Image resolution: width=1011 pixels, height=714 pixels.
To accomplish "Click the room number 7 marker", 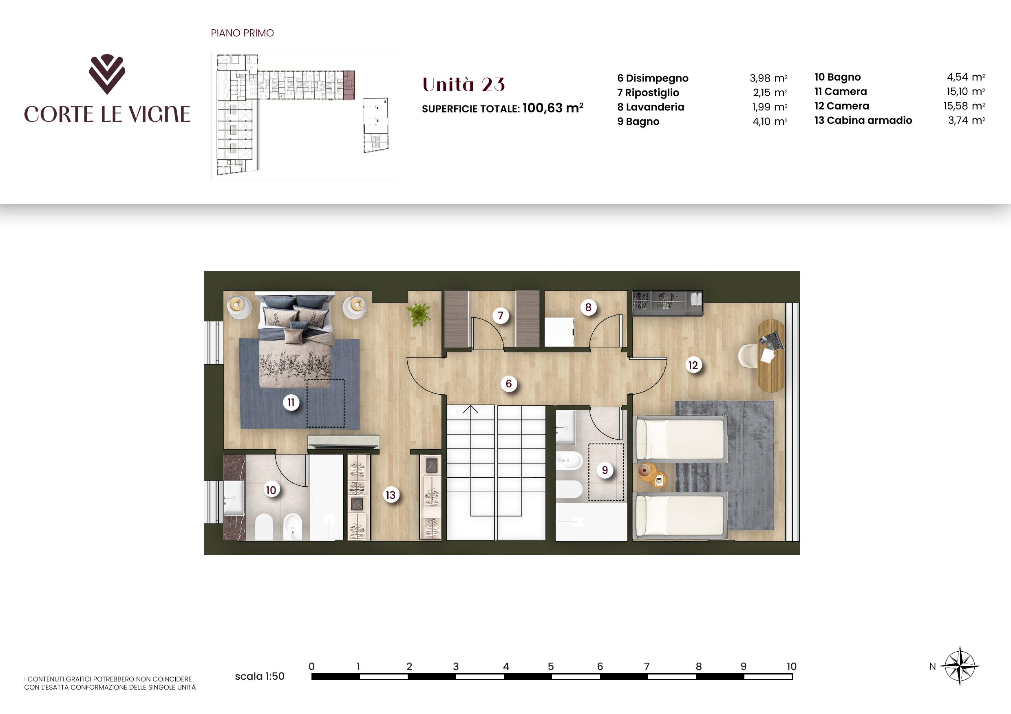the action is tap(500, 315).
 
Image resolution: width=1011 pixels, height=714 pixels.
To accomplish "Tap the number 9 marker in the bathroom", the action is tap(605, 470).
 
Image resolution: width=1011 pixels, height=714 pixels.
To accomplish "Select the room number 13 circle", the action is tap(391, 495).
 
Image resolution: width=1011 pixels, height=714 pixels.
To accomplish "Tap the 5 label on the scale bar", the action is tap(550, 666).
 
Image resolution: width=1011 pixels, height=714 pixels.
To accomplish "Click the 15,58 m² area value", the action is tap(964, 106).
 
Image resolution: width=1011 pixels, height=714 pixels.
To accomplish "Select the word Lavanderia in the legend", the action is tap(655, 107).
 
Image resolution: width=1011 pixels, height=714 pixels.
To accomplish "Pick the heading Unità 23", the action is tap(463, 85).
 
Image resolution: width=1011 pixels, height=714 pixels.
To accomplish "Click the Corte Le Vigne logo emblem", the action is tap(107, 75).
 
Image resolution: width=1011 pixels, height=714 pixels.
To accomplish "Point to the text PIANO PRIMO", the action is tap(242, 33).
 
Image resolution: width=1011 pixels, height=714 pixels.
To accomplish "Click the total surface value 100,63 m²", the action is tap(553, 108).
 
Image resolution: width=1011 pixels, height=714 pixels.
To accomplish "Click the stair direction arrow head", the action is tap(471, 409).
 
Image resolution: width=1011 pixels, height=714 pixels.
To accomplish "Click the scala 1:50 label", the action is tap(259, 677).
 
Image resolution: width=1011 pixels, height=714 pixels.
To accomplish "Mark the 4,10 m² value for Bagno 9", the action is tap(770, 121).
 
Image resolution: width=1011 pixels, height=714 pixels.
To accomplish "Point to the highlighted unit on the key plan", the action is tap(349, 86).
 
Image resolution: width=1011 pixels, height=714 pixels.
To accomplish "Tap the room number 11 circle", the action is tap(291, 402).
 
